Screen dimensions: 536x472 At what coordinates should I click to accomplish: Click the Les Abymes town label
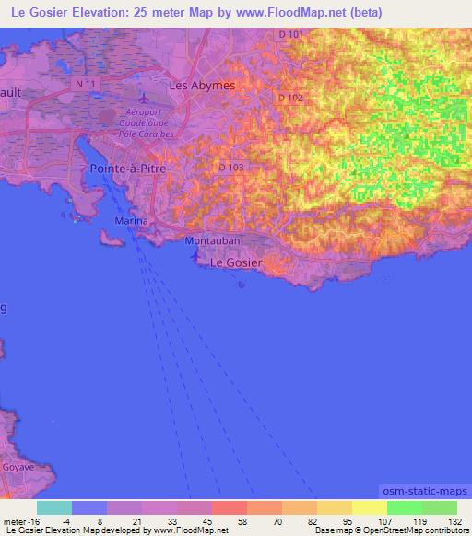202,85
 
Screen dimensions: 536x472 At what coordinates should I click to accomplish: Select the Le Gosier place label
236,262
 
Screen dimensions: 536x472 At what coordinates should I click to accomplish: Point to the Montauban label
212,241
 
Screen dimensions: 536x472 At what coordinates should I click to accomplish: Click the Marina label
131,222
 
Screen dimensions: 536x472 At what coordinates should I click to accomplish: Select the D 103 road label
231,167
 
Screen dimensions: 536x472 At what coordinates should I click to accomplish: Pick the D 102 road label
289,98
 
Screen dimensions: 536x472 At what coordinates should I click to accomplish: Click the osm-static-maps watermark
424,492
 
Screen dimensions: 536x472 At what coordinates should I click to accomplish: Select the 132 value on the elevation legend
454,520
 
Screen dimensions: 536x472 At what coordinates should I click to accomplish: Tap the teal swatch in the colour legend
54,507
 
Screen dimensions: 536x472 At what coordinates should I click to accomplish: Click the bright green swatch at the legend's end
439,507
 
